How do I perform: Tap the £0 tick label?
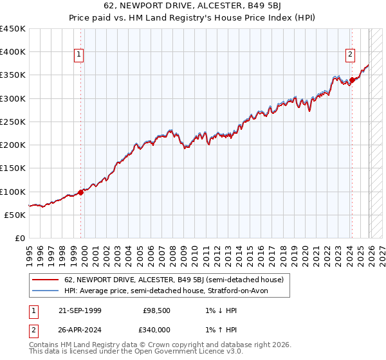(x=19, y=238)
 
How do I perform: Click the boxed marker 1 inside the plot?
(x=78, y=55)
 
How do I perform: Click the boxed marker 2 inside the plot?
(x=351, y=55)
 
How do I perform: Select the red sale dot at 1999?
(x=80, y=192)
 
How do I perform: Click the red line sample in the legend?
(x=46, y=280)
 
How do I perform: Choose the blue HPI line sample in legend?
(x=46, y=291)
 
